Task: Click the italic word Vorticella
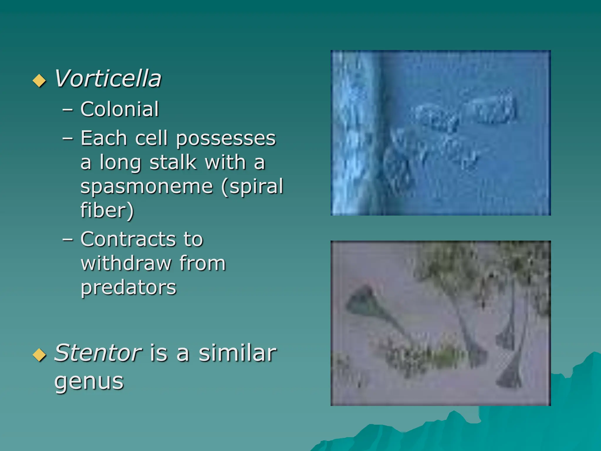pyautogui.click(x=108, y=79)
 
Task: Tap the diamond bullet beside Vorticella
pyautogui.click(x=39, y=80)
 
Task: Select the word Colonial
pyautogui.click(x=120, y=109)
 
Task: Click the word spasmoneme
pyautogui.click(x=146, y=187)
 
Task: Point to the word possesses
pyautogui.click(x=226, y=139)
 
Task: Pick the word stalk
pyautogui.click(x=173, y=162)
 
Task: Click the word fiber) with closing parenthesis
pyautogui.click(x=107, y=210)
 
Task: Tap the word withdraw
pyautogui.click(x=126, y=263)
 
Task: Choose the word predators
pyautogui.click(x=129, y=287)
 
